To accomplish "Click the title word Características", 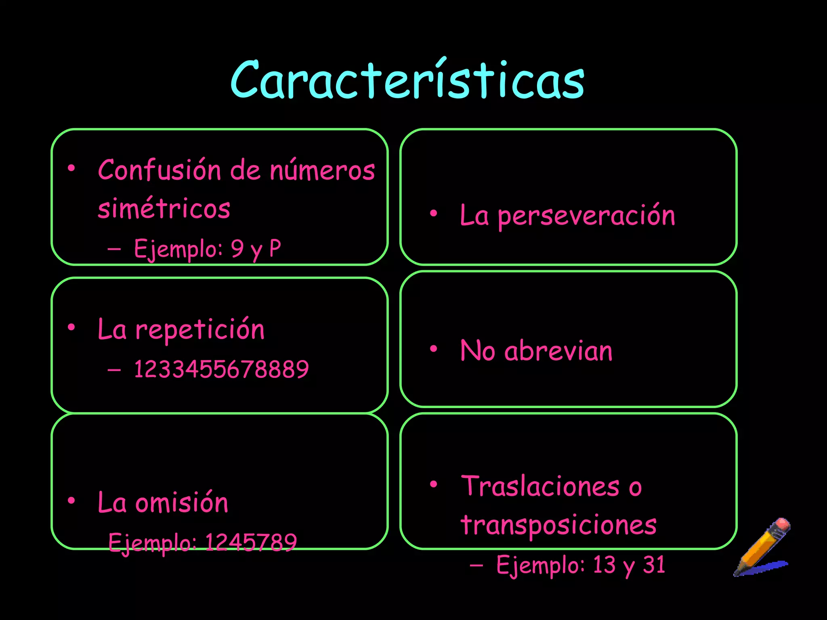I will (x=407, y=80).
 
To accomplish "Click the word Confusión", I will (x=159, y=170).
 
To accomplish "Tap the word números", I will (x=322, y=170).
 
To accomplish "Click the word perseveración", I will (x=586, y=216).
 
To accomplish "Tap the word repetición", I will (x=200, y=329).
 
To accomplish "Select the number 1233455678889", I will (x=221, y=369).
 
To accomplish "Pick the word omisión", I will (x=181, y=503).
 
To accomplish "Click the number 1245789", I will (x=251, y=542).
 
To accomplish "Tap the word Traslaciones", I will (x=540, y=486).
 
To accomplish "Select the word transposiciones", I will (x=559, y=525).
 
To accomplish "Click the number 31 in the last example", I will (x=654, y=564).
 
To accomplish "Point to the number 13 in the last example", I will (x=604, y=564).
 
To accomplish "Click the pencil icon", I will (x=762, y=547).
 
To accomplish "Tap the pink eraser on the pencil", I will (x=782, y=525).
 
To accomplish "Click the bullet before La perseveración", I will (x=433, y=213).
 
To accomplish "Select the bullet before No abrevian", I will (x=433, y=348).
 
